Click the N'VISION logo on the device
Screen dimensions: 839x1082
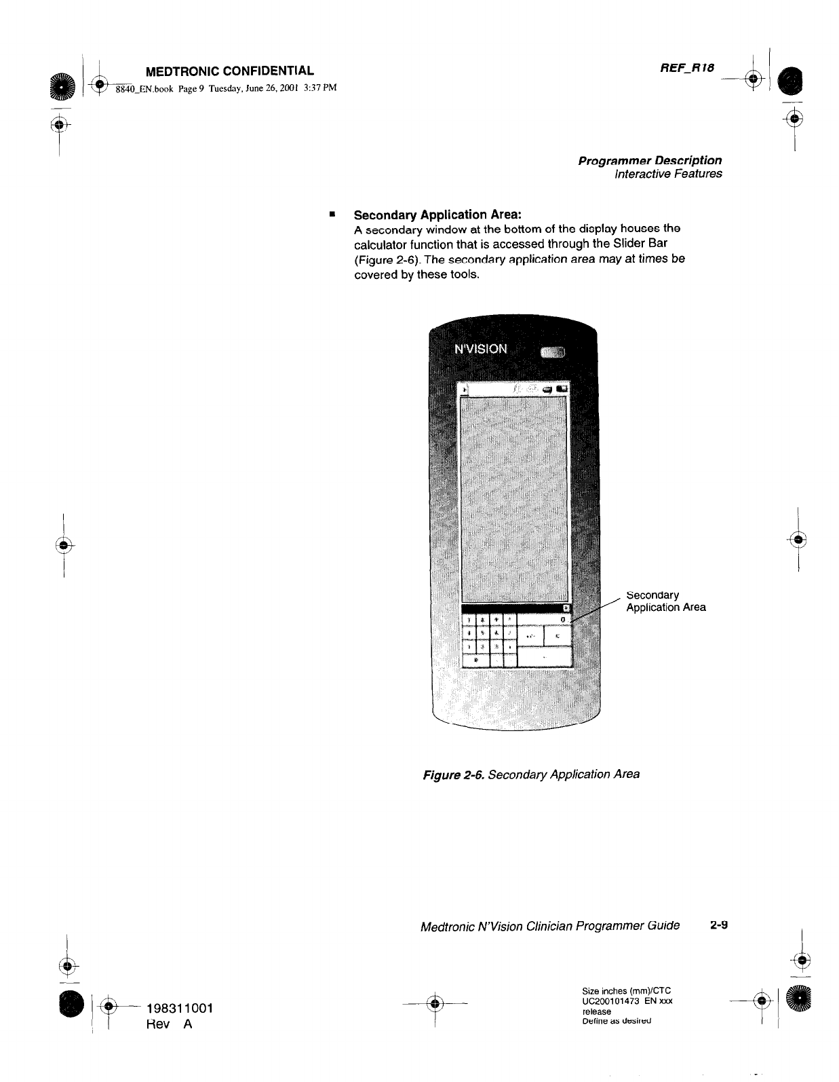(480, 349)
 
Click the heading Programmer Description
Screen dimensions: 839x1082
(649, 160)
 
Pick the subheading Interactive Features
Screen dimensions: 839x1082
(667, 174)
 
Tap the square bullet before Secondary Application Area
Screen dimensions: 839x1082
(332, 215)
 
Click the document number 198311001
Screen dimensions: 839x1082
(180, 1008)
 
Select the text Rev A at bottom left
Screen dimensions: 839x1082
(170, 1024)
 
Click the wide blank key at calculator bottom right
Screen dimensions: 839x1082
(545, 656)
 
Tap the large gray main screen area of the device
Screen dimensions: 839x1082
(513, 496)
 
